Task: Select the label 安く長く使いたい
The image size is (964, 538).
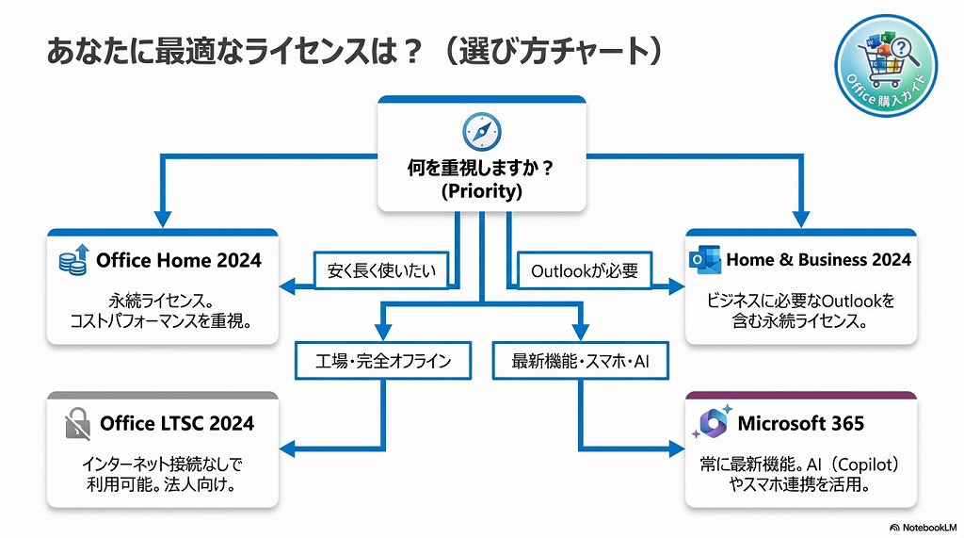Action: (x=381, y=271)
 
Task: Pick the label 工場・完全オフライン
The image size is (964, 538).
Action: (x=383, y=361)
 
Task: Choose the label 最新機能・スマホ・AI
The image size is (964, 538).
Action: (x=580, y=361)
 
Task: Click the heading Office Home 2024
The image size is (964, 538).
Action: (x=179, y=260)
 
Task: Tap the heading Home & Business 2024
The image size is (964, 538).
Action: (x=818, y=259)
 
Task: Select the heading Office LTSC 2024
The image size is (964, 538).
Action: (x=177, y=423)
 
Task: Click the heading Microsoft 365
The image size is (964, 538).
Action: (x=800, y=423)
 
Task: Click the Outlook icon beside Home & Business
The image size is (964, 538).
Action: (x=704, y=260)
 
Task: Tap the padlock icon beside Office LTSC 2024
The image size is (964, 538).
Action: (x=77, y=424)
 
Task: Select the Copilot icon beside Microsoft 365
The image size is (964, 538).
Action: (x=710, y=424)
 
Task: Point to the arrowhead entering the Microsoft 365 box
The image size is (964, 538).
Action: (x=676, y=446)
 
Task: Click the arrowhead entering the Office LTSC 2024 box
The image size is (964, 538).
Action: (x=288, y=446)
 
